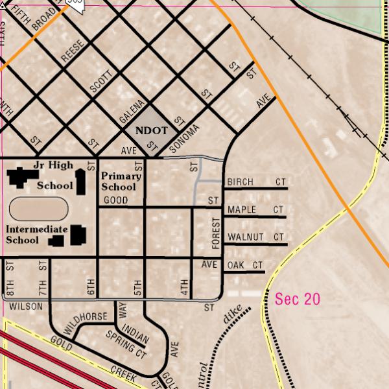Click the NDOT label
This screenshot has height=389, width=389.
[151, 130]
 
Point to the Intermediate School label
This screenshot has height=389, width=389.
[36, 234]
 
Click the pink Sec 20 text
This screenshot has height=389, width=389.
[298, 299]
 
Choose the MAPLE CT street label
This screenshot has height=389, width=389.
[255, 210]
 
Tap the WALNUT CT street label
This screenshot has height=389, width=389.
[255, 237]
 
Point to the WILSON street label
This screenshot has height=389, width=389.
[26, 306]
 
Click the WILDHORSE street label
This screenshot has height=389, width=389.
[85, 320]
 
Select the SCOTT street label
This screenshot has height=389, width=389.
[102, 82]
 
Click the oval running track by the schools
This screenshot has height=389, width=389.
[39, 209]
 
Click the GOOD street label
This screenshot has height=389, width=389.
[116, 200]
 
